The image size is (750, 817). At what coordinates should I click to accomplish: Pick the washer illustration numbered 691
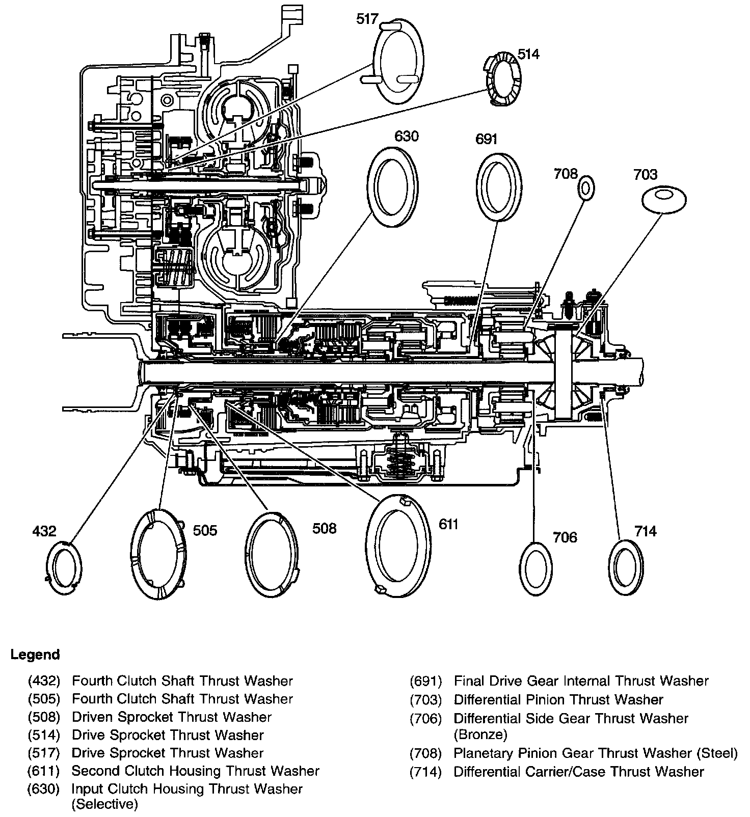click(499, 186)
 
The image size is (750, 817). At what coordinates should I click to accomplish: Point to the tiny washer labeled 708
click(586, 188)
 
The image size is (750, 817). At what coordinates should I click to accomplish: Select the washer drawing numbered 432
click(64, 569)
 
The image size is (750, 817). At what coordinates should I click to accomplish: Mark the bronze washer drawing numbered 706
click(536, 568)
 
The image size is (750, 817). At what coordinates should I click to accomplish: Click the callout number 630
click(406, 137)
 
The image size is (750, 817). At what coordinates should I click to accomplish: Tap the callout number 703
click(645, 175)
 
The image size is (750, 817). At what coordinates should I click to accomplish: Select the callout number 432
click(44, 531)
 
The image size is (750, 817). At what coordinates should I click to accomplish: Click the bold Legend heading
click(35, 655)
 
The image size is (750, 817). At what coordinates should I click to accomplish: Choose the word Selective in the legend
click(104, 804)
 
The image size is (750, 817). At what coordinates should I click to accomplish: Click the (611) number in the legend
click(44, 771)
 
